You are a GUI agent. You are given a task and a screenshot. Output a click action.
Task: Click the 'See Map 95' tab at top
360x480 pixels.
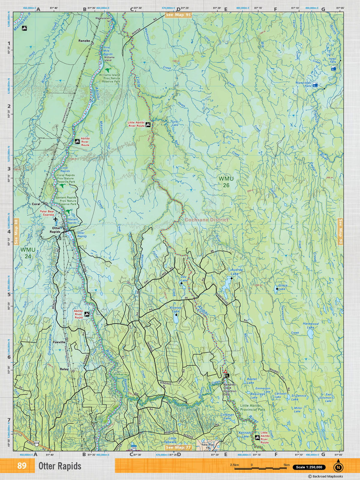tap(178, 15)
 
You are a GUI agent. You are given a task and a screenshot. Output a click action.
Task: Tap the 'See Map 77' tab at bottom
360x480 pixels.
tap(178, 448)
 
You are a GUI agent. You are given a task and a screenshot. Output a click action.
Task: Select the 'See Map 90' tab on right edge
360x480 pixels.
tap(340, 231)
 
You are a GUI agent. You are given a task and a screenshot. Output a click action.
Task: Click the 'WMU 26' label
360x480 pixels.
tap(226, 182)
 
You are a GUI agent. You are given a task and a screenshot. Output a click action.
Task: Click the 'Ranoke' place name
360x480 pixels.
tap(84, 41)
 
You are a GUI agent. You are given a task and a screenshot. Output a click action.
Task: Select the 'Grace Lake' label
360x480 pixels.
tap(283, 287)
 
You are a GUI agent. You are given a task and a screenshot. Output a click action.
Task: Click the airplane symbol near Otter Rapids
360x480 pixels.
tap(56, 220)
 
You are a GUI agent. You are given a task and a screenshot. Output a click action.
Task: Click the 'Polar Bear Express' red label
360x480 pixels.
tap(48, 213)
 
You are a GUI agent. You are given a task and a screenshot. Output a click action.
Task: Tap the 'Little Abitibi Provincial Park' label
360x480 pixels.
tap(253, 407)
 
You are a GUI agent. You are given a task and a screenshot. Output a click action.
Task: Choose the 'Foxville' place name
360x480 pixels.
tap(59, 342)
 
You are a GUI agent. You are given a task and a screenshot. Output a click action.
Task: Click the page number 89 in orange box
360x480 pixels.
tap(22, 466)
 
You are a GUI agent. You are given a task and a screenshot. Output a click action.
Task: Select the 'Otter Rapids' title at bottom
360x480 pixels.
tap(60, 466)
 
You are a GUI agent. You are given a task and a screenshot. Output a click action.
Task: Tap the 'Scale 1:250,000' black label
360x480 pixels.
tap(309, 467)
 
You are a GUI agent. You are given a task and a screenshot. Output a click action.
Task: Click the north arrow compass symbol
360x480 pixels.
tap(338, 466)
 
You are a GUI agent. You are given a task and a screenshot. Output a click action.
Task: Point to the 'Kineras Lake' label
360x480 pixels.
tap(176, 310)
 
